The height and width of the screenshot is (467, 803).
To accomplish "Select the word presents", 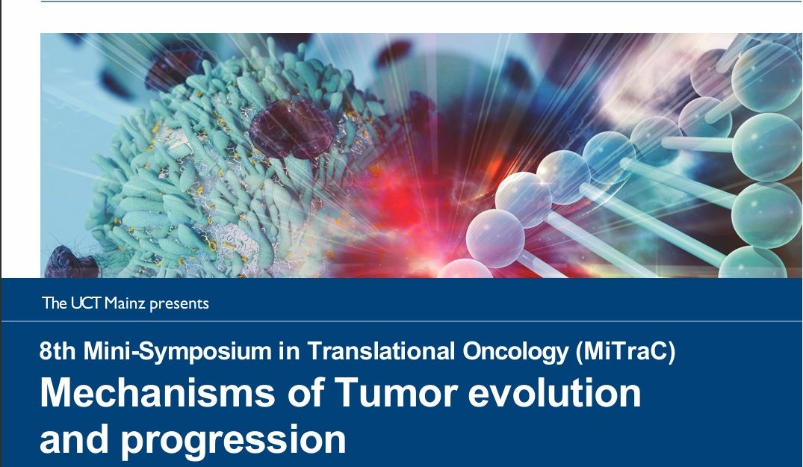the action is click(x=179, y=304).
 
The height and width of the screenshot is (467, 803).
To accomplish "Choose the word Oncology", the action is click(x=515, y=352).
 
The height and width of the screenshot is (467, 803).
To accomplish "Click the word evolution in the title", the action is click(x=554, y=393).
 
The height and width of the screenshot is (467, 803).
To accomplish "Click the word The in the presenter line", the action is click(x=55, y=303).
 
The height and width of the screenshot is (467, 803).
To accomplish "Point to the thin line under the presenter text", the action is click(x=402, y=321).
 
